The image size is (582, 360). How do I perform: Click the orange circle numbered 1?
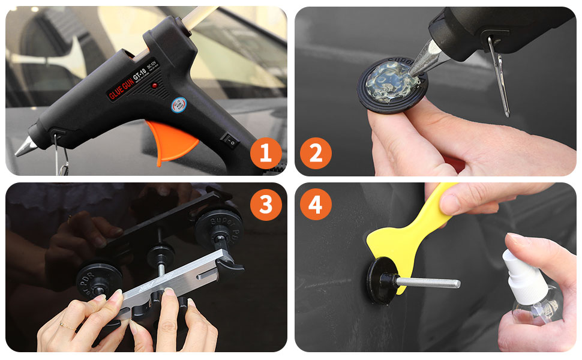(x=266, y=153)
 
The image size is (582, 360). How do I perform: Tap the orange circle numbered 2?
(x=315, y=153)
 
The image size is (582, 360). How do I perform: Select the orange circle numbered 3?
(x=266, y=205)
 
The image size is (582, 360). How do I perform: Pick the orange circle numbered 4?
(x=315, y=205)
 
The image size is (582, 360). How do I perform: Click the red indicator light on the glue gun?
(x=155, y=86)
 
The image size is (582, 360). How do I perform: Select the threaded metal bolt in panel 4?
(x=429, y=283)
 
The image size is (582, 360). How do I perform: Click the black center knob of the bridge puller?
(x=160, y=252)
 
